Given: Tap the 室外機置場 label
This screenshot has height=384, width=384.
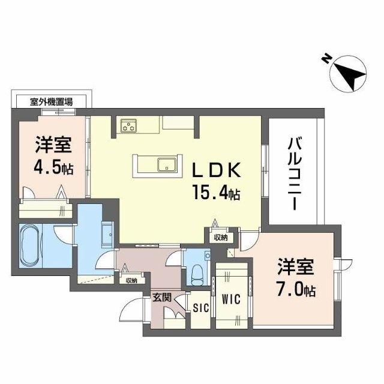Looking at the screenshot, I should (x=51, y=101).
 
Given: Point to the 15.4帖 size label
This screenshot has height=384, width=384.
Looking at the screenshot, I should (x=216, y=194).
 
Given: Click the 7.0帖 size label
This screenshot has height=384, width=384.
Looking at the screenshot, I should (x=296, y=291).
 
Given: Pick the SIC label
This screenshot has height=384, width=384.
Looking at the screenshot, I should (x=199, y=308).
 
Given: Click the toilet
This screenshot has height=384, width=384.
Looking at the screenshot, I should (x=196, y=274).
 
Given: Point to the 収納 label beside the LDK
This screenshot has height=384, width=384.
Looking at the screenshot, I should (x=220, y=238).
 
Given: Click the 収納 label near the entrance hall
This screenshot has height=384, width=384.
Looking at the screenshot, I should (x=131, y=280).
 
